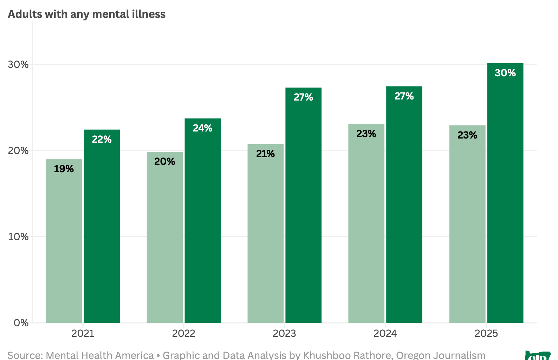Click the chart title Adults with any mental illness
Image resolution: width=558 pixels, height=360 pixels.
coord(86,14)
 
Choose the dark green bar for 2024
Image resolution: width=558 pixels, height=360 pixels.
coord(404,211)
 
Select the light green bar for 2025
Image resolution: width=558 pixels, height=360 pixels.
coord(467,229)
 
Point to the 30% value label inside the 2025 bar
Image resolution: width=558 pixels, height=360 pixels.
coord(505,73)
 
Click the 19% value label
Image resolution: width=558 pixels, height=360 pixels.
coord(64,169)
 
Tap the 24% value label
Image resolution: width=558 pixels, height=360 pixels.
coord(203,128)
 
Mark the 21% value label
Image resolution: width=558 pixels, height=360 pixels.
coord(265,154)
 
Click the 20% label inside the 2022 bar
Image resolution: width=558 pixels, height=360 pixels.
coord(164,161)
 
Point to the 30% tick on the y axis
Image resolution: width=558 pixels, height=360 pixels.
coord(18,65)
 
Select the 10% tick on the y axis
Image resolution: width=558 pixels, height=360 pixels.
coord(18,237)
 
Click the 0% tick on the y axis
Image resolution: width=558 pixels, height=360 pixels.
coord(21,323)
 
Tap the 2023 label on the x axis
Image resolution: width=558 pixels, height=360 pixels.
coord(284,333)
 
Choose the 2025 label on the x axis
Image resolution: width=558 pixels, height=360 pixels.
coord(486,333)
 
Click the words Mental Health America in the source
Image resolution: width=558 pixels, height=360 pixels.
coord(100,355)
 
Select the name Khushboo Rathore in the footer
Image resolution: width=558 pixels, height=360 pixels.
coord(348,355)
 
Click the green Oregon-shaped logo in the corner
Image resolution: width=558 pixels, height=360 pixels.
coord(538,356)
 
